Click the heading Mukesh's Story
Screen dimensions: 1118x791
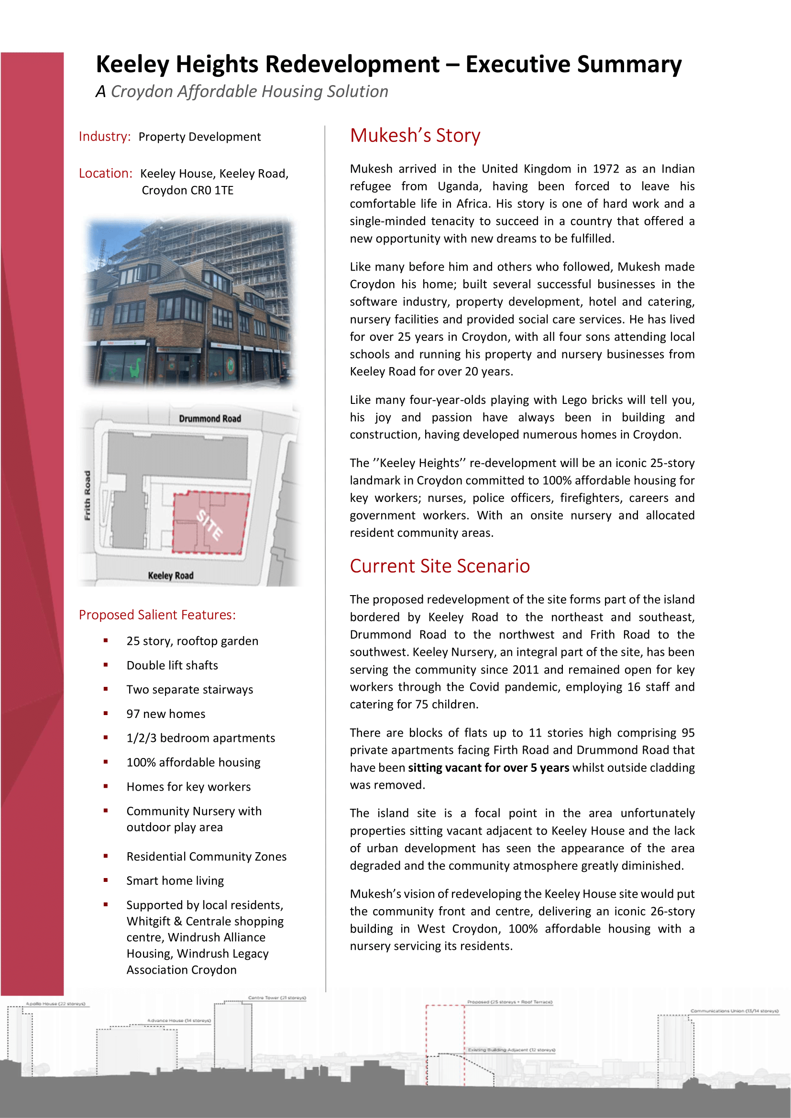click(415, 135)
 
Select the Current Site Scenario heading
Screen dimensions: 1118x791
click(439, 566)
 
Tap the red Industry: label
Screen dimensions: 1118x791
click(105, 136)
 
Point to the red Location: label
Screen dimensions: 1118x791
click(106, 174)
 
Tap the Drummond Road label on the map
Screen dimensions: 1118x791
click(210, 419)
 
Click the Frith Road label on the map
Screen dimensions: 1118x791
click(88, 495)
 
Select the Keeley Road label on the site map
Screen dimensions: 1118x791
click(170, 575)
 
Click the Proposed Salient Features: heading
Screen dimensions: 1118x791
click(157, 615)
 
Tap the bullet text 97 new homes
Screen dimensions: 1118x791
click(165, 714)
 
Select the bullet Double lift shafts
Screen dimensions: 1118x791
click(172, 665)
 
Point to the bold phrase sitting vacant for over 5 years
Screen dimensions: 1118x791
click(489, 768)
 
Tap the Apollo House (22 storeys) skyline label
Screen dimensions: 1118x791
click(55, 1004)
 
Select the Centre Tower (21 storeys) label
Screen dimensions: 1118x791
click(277, 998)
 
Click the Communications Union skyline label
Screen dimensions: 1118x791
click(734, 1011)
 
